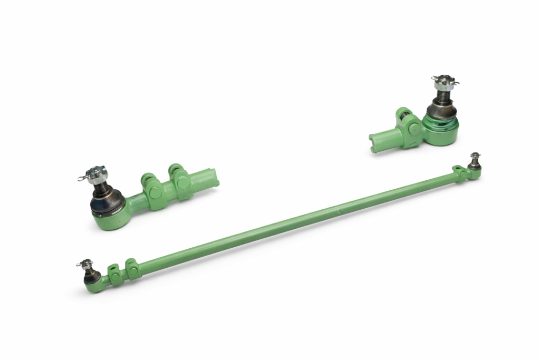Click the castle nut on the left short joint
click(96, 172)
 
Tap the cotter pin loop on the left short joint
click(82, 178)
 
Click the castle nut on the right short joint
click(443, 82)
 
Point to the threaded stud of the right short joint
click(442, 95)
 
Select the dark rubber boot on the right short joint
click(441, 110)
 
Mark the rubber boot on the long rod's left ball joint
click(91, 274)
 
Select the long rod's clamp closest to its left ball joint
click(114, 274)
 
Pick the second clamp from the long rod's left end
click(132, 269)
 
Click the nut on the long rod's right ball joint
click(475, 156)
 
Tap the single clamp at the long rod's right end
click(460, 173)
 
